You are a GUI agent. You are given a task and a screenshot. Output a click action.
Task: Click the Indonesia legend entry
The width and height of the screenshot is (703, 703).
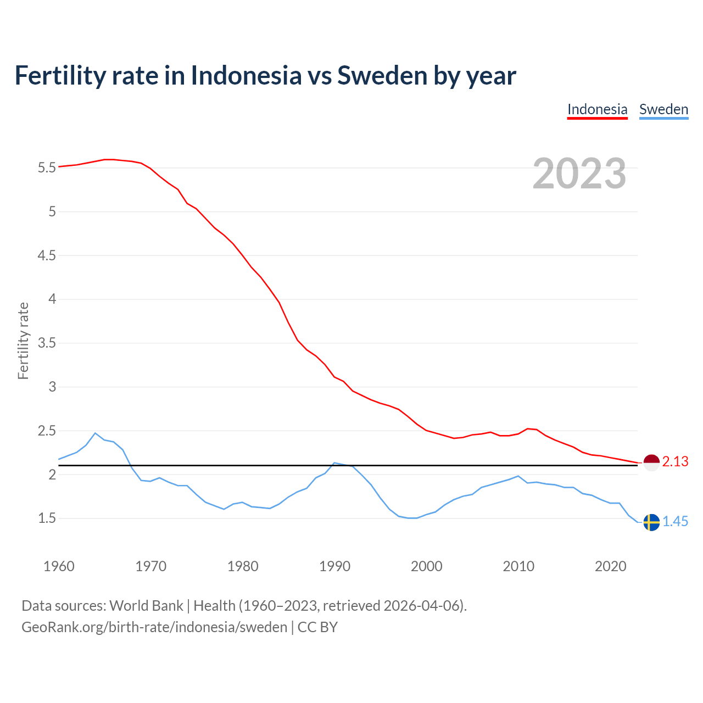[597, 109]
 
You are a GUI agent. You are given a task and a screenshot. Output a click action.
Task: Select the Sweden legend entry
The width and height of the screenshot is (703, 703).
[663, 109]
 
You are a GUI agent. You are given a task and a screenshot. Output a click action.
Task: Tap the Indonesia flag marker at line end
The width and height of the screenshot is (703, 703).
[651, 462]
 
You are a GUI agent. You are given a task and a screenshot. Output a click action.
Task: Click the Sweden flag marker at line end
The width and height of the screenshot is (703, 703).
[651, 522]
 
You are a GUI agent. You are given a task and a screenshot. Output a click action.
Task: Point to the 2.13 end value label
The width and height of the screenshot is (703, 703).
[675, 462]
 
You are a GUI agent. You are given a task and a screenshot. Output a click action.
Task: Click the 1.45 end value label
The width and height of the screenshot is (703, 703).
[675, 522]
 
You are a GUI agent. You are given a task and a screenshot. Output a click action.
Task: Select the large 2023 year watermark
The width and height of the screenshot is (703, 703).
[579, 174]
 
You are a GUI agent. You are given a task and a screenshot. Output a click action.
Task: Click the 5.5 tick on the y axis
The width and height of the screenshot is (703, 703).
[47, 168]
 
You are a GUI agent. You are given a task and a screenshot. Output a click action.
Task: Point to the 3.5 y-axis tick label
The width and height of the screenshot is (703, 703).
[47, 343]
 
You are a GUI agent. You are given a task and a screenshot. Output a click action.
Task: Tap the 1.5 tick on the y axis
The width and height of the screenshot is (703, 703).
[47, 518]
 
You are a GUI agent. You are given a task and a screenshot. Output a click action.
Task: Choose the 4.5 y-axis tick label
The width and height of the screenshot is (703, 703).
[47, 255]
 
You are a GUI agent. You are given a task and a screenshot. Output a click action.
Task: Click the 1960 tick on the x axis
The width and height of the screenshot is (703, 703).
[59, 566]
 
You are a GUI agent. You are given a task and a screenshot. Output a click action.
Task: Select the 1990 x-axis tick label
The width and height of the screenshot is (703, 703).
[334, 566]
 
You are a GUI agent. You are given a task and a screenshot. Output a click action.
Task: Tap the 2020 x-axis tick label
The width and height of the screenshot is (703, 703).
[610, 566]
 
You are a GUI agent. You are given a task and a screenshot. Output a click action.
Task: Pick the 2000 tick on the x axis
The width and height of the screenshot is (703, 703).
[426, 566]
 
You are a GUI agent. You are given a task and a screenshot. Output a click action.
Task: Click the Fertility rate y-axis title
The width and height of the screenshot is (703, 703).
[23, 341]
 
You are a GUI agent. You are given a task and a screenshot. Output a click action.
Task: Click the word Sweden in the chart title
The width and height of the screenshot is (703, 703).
[382, 75]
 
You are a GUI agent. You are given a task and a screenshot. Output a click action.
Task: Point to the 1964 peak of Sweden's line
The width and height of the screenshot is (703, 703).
[95, 433]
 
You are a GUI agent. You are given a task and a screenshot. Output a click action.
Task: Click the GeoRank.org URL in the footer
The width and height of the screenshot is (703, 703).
[154, 627]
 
